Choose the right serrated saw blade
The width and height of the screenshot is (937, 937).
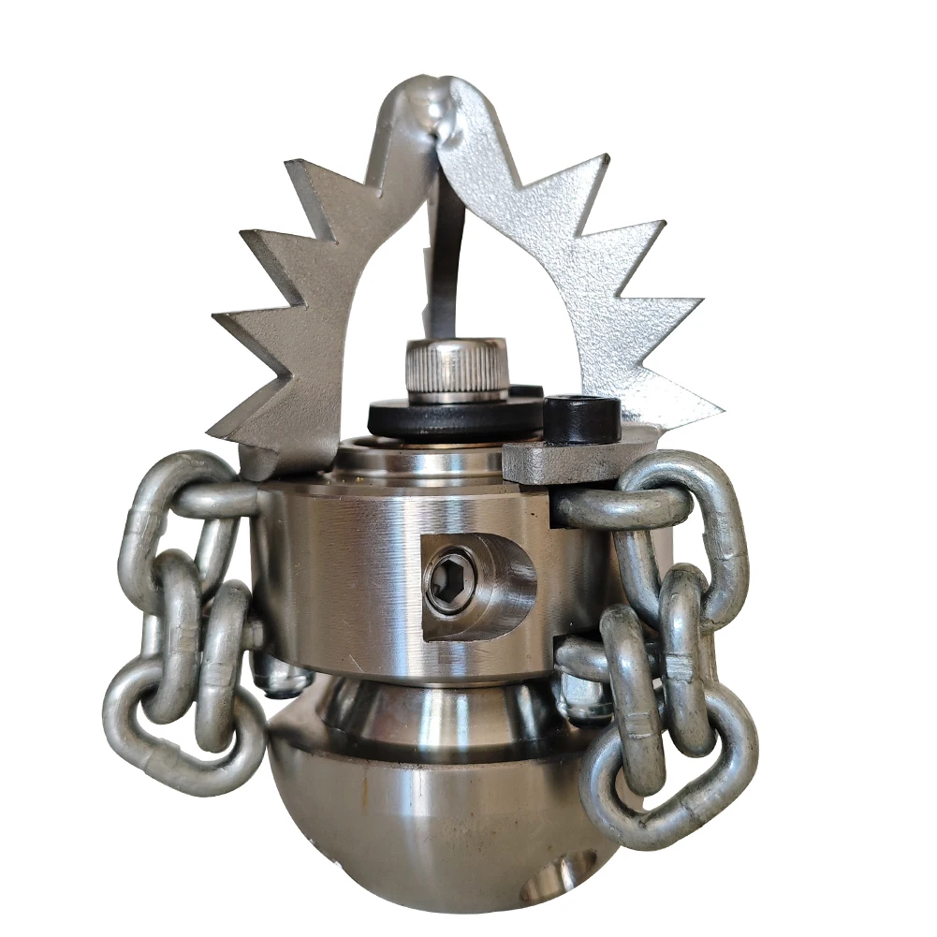pos(599,281)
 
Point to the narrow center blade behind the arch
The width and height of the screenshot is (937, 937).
pos(446,262)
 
